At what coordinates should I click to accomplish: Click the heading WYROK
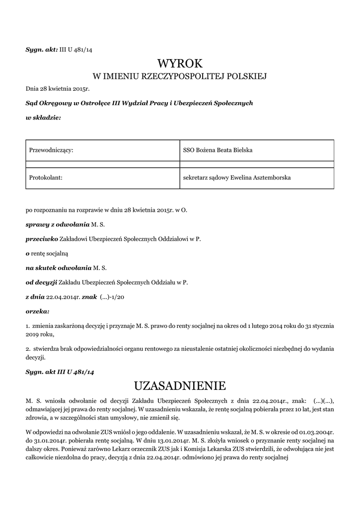click(180, 63)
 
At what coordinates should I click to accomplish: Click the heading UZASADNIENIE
click(180, 385)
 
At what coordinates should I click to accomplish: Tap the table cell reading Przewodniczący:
click(52, 150)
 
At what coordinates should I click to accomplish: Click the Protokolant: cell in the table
click(46, 177)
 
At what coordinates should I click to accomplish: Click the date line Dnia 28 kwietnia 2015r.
click(57, 90)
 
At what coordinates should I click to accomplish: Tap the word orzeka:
click(38, 312)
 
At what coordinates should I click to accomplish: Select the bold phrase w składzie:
click(43, 118)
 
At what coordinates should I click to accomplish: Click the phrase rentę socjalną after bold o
click(49, 253)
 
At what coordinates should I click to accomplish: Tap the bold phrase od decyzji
click(41, 282)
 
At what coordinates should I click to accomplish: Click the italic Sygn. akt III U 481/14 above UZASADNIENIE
click(60, 371)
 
